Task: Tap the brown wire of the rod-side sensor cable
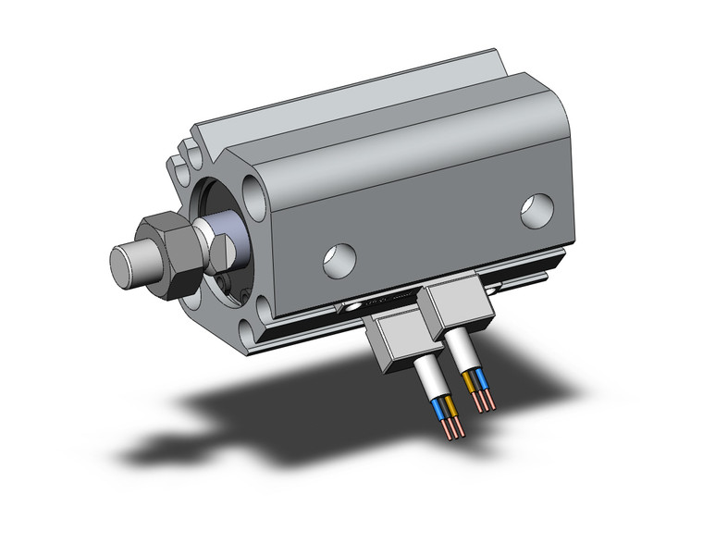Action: (451, 408)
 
